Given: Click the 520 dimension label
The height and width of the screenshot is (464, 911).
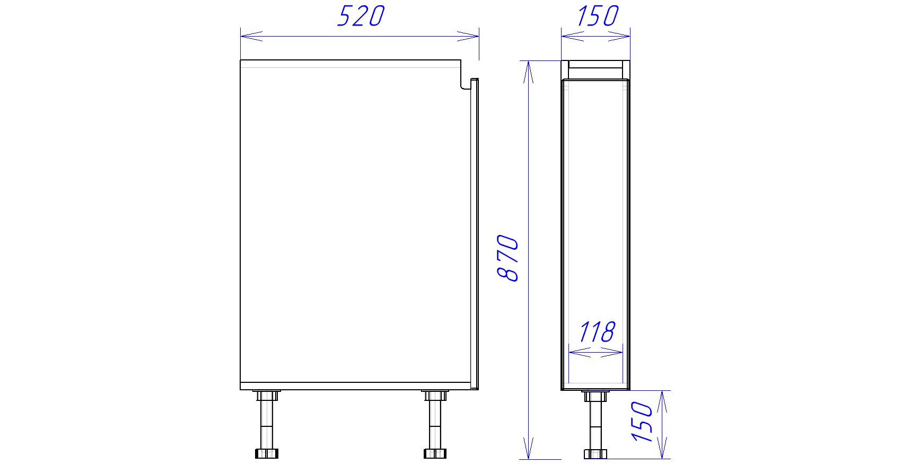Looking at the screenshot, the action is pos(361,16).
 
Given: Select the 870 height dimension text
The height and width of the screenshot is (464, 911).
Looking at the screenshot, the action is pos(508,258).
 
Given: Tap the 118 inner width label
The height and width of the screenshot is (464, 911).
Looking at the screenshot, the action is pos(597,332).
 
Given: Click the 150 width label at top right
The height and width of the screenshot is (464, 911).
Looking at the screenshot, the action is pos(597,16).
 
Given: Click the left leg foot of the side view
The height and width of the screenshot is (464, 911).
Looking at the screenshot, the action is pos(266,453).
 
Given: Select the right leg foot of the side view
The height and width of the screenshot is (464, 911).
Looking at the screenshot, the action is pos(435,453).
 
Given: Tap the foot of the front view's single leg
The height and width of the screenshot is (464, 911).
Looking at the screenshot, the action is pos(595,454).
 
